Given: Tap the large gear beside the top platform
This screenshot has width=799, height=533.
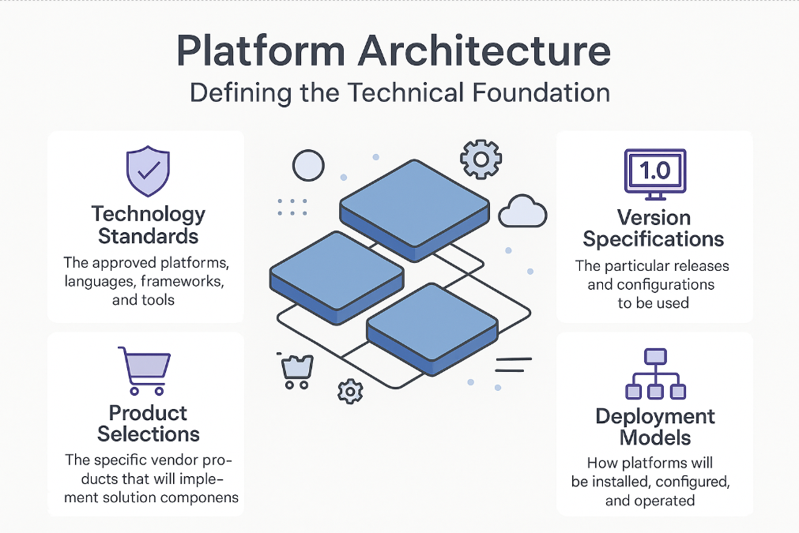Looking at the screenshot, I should click(479, 160).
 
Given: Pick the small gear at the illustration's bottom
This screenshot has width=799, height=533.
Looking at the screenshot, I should click(349, 390).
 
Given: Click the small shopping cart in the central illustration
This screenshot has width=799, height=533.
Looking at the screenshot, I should click(297, 371).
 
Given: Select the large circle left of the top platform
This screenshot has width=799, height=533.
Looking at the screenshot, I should click(308, 166).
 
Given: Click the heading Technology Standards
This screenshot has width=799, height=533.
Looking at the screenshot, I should click(148, 224).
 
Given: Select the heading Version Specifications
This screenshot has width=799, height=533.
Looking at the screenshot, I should click(654, 228).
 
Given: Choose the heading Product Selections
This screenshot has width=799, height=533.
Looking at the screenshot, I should click(148, 423).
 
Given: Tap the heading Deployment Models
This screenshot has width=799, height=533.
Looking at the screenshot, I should click(655, 426).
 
